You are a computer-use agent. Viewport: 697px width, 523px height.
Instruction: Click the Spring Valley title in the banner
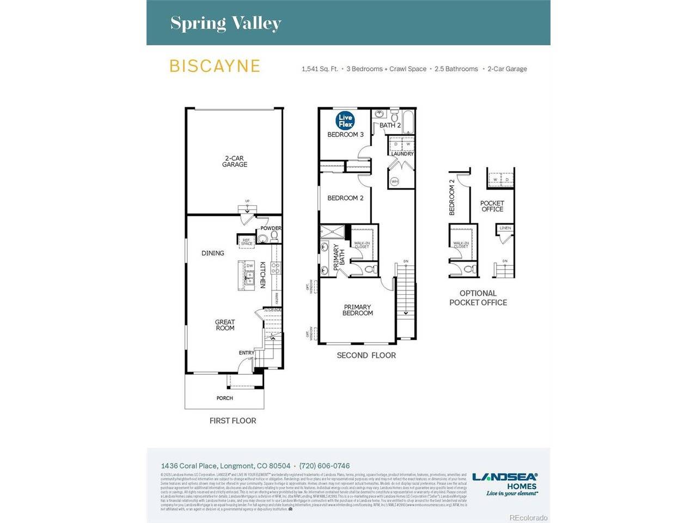(225, 23)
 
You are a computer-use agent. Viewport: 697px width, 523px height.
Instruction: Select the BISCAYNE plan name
(215, 66)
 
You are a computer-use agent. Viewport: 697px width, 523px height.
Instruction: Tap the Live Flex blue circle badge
(345, 121)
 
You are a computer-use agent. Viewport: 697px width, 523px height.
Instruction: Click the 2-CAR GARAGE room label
(235, 161)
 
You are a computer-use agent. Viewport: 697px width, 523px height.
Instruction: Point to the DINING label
(212, 253)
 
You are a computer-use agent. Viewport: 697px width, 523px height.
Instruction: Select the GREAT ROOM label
(225, 325)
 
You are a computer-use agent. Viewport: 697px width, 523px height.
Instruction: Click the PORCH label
(224, 398)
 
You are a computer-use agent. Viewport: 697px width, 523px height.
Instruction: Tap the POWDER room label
(271, 228)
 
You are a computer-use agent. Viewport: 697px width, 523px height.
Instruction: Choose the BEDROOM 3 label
(345, 135)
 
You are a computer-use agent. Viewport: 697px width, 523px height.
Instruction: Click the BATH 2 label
(390, 125)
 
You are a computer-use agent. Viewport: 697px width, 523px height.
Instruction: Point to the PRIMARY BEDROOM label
(357, 310)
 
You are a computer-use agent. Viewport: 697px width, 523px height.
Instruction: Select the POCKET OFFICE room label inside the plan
(492, 206)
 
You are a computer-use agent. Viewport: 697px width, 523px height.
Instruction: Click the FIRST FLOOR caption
(233, 421)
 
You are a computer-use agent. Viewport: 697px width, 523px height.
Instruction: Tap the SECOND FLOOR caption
(366, 355)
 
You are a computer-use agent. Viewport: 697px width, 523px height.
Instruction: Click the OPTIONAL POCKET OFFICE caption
(478, 297)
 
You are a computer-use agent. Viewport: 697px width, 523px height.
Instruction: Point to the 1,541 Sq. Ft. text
(320, 69)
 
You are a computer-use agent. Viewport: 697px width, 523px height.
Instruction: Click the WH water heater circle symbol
(394, 181)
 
